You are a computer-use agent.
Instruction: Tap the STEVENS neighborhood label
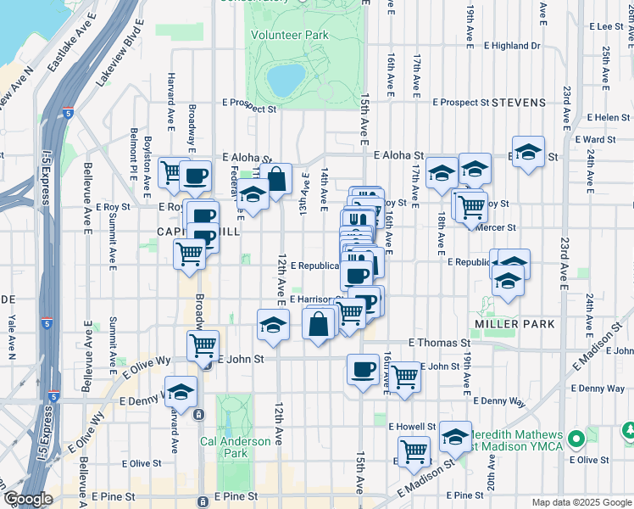pyautogui.click(x=517, y=103)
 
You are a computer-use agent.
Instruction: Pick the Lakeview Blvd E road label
pyautogui.click(x=117, y=61)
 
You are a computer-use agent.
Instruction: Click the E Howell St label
pyautogui.click(x=412, y=426)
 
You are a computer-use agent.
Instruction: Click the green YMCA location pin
pyautogui.click(x=576, y=439)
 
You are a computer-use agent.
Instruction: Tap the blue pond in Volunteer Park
pyautogui.click(x=285, y=79)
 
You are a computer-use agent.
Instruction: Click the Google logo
pyautogui.click(x=29, y=499)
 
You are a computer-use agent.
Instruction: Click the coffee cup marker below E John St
pyautogui.click(x=363, y=370)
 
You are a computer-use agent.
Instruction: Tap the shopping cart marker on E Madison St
pyautogui.click(x=414, y=450)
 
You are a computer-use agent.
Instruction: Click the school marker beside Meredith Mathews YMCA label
pyautogui.click(x=455, y=438)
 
